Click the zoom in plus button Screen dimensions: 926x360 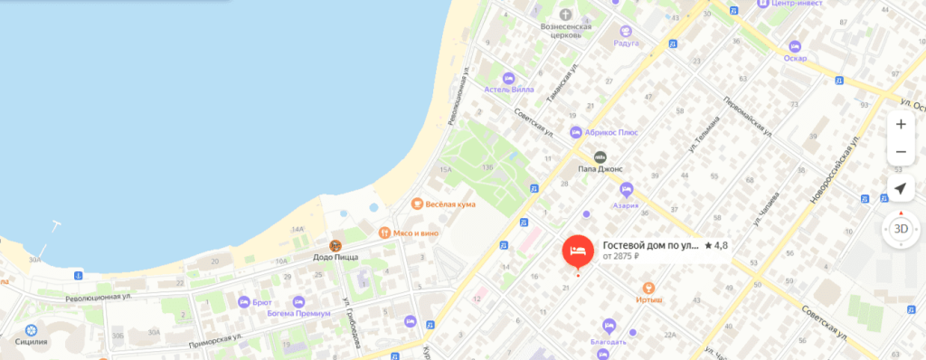click(x=900, y=124)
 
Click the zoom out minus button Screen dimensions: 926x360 click(x=900, y=152)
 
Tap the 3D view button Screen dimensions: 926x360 click(x=901, y=229)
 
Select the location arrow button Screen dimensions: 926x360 click(x=900, y=188)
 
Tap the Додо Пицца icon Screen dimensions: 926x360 click(x=335, y=245)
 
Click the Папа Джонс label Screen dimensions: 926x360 click(x=603, y=168)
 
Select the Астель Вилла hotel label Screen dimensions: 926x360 click(x=509, y=89)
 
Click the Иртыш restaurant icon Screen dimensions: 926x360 click(x=647, y=287)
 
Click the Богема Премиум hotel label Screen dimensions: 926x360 click(x=322, y=313)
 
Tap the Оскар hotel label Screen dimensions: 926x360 click(x=796, y=58)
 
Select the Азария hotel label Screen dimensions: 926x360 click(x=626, y=204)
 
